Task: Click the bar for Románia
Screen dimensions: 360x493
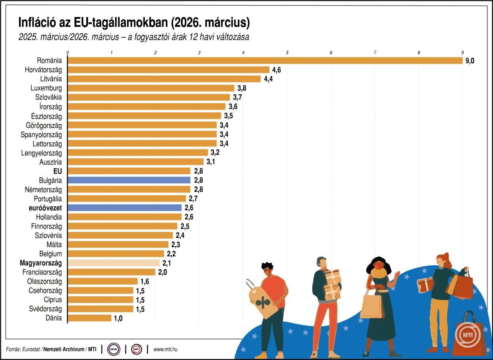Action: (265, 60)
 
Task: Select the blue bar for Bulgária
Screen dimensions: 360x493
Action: (129, 180)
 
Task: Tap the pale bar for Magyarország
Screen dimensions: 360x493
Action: (114, 263)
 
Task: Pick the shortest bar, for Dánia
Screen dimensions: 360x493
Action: (89, 318)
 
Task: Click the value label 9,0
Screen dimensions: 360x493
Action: (470, 61)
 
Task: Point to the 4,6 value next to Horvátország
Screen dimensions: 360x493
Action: (277, 70)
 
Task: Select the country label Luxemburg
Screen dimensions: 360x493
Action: (46, 88)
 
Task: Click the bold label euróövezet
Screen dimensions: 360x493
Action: (42, 208)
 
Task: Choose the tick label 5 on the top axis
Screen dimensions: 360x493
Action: (287, 53)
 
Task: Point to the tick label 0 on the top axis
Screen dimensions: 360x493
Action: (68, 53)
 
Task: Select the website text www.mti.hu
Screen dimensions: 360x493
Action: (165, 349)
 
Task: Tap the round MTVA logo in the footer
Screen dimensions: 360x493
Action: (114, 349)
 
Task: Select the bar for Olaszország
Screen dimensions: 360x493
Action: (103, 281)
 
